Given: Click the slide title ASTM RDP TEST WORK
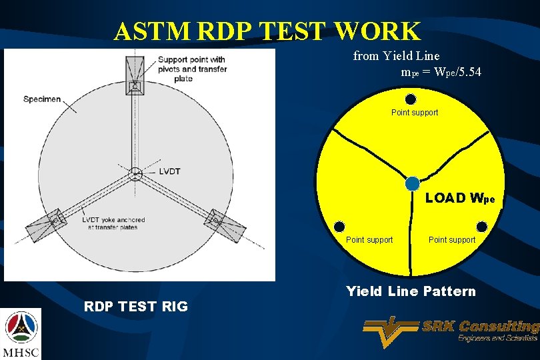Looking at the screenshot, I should point(267,31).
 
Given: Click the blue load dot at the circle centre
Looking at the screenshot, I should point(413,183).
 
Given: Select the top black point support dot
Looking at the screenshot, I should point(411,99).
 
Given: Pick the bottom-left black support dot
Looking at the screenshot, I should point(339,225).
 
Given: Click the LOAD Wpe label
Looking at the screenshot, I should point(459,198).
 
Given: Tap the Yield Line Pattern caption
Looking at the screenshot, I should point(411,291).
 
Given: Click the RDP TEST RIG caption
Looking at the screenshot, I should point(135,306).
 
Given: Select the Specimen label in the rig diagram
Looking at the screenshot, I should point(42,99).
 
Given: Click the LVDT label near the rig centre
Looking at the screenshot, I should point(169,171).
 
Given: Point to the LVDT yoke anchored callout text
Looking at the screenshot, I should point(113,223).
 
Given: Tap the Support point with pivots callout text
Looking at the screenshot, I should point(192,69).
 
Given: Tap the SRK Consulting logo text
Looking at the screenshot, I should point(480,327).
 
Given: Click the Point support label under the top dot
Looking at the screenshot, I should point(414,113).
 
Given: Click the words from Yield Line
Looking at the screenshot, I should point(396,56).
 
